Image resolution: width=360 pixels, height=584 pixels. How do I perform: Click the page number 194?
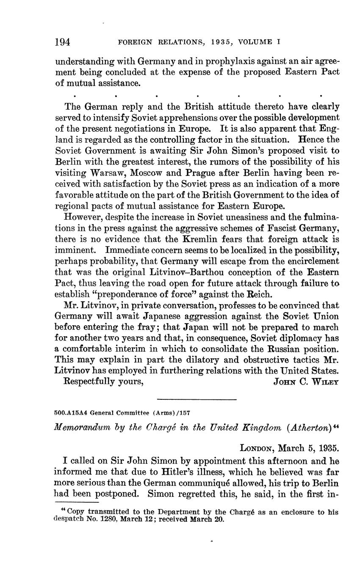(x=63, y=42)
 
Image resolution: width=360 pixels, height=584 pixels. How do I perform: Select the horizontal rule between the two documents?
(x=196, y=399)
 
